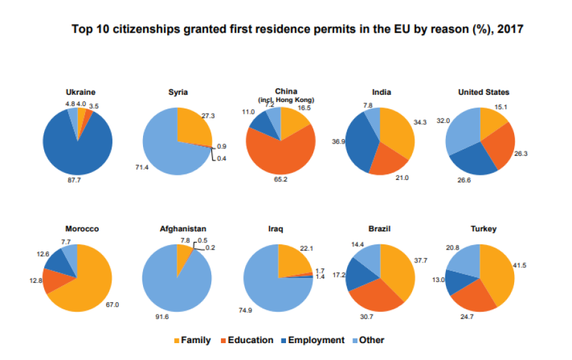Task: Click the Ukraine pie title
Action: [77, 92]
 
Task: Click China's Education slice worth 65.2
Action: [276, 156]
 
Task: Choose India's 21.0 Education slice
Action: [389, 159]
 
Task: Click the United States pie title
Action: [484, 92]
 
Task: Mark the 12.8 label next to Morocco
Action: [34, 281]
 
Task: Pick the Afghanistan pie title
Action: [183, 229]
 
